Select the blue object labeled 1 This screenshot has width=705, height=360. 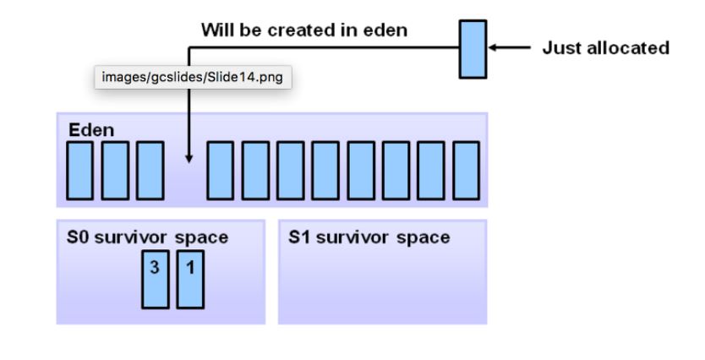tap(190, 279)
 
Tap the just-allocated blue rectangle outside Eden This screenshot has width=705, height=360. tap(473, 47)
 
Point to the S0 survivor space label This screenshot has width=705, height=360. tap(147, 237)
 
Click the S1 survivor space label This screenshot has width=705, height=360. tap(369, 237)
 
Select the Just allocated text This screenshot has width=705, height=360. tap(605, 48)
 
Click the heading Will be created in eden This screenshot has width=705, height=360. tap(303, 30)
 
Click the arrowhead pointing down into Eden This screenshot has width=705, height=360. tap(189, 157)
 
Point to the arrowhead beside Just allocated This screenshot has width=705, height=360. tap(494, 48)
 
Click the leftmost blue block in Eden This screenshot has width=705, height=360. tap(79, 170)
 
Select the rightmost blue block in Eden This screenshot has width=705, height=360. tap(466, 170)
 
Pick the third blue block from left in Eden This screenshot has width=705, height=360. tap(150, 170)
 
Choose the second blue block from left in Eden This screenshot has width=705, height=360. tap(114, 170)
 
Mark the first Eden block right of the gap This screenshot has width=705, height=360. tap(221, 170)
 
